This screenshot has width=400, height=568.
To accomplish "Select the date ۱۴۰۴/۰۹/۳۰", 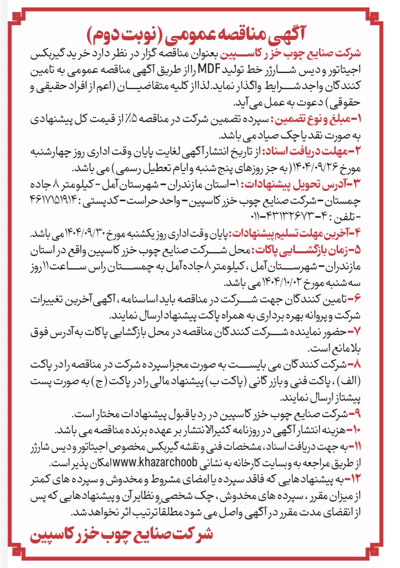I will [x=87, y=233].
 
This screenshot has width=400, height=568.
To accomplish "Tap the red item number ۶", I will [x=355, y=299].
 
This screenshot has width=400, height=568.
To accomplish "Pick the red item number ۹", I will [x=355, y=414].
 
